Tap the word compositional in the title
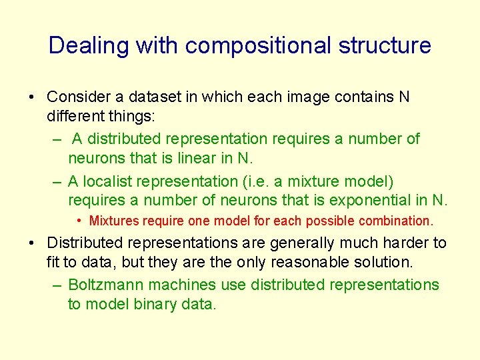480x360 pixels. (x=258, y=46)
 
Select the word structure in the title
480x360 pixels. (x=385, y=46)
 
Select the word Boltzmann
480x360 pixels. (x=107, y=285)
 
